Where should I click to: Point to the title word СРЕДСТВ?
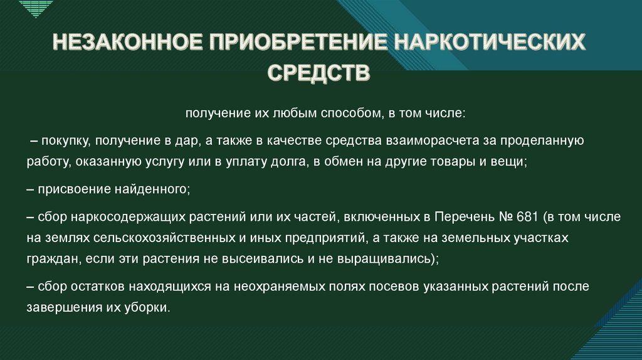tap(320, 73)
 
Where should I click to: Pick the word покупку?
tap(64, 140)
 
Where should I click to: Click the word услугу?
tap(165, 162)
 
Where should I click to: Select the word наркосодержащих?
tap(110, 216)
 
